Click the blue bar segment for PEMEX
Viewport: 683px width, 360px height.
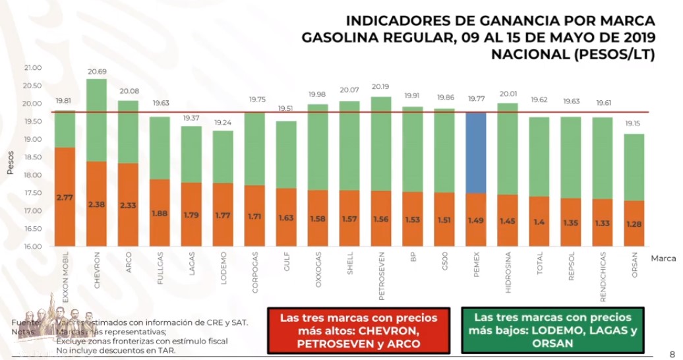(x=476, y=152)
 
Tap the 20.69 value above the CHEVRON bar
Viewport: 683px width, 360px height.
(x=97, y=71)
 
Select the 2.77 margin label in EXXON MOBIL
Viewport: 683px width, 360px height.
(x=65, y=197)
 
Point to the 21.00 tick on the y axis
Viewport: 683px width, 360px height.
(x=32, y=68)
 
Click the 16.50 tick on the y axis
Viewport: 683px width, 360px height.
(x=32, y=229)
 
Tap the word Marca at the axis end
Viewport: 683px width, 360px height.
(x=662, y=258)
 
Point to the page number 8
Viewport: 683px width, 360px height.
(x=672, y=353)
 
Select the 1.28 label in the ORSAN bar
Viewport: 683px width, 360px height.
(x=634, y=224)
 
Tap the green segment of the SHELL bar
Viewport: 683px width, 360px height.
(x=349, y=145)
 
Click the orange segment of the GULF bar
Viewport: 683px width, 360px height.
(x=286, y=218)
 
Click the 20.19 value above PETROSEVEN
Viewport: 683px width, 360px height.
(x=381, y=86)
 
